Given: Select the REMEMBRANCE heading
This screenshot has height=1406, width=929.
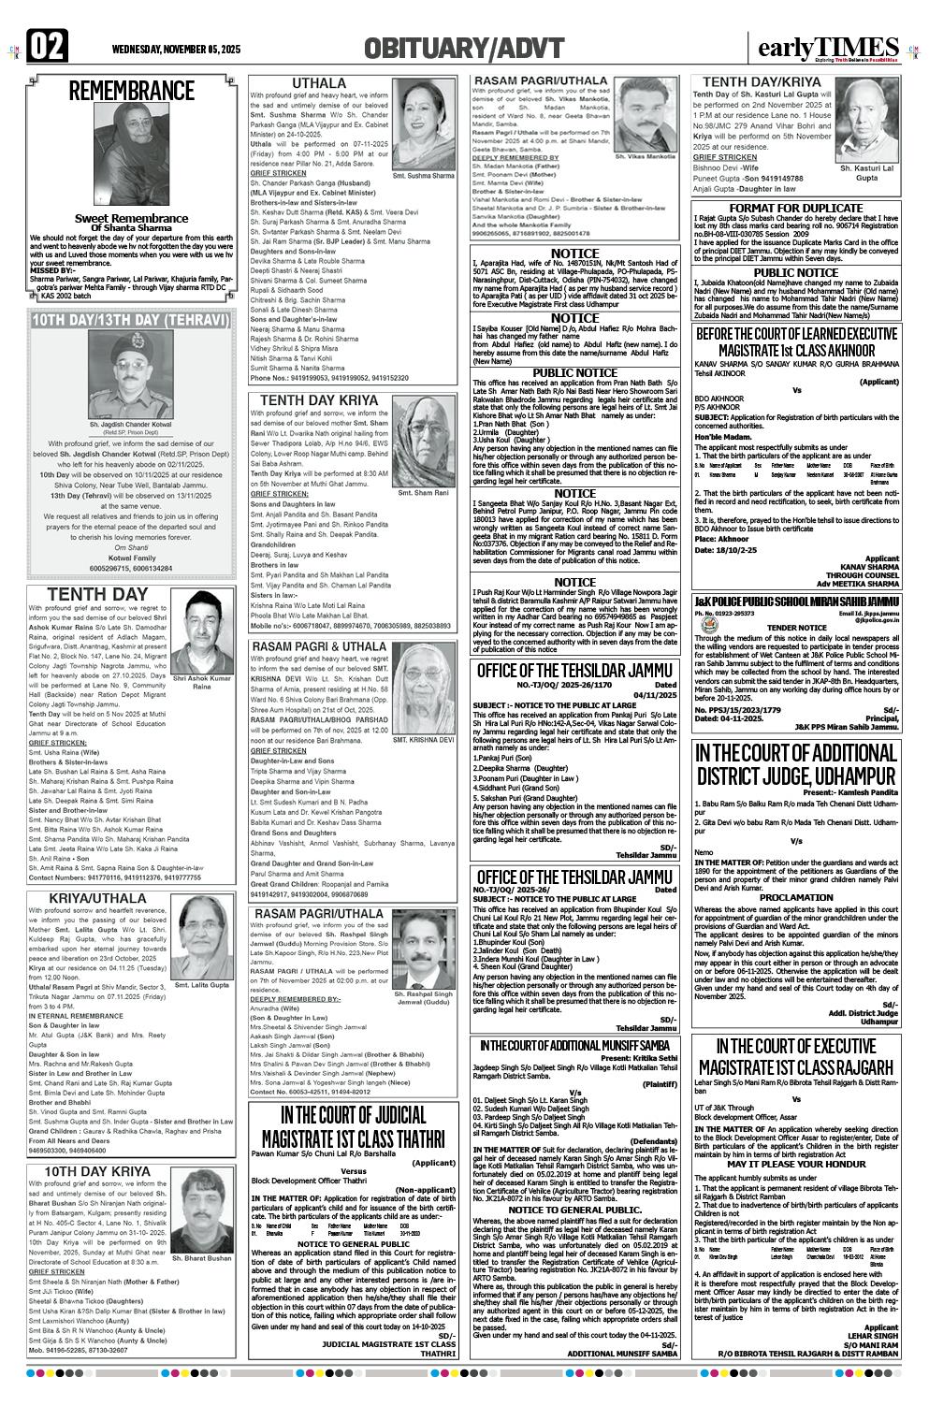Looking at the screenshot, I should click(x=131, y=91).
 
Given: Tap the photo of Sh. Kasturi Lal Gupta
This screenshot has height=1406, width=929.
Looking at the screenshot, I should click(x=865, y=123).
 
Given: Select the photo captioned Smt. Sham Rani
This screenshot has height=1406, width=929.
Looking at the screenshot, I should click(x=424, y=444).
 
